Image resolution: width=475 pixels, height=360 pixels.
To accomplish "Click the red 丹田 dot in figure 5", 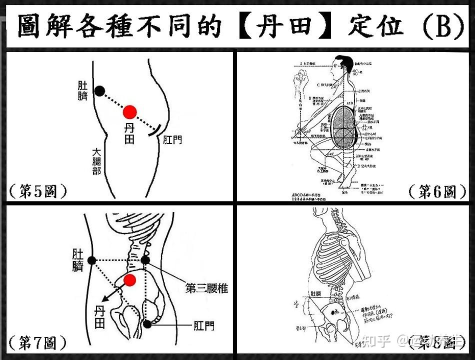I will [130, 111].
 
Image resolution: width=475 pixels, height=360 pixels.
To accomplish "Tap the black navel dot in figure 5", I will [100, 90].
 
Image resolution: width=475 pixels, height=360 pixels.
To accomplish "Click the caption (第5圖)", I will [37, 191].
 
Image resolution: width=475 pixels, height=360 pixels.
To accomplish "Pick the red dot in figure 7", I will [129, 280].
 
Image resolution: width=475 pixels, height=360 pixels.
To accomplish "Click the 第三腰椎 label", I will [206, 288].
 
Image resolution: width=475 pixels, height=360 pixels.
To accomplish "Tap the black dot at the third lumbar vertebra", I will [145, 260].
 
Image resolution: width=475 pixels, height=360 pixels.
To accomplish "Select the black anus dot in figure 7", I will [147, 324].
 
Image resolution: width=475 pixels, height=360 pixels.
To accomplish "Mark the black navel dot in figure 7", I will [91, 260].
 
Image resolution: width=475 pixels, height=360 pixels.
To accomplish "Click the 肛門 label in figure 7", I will [203, 326].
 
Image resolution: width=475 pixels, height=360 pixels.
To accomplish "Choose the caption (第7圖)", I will [37, 343].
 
